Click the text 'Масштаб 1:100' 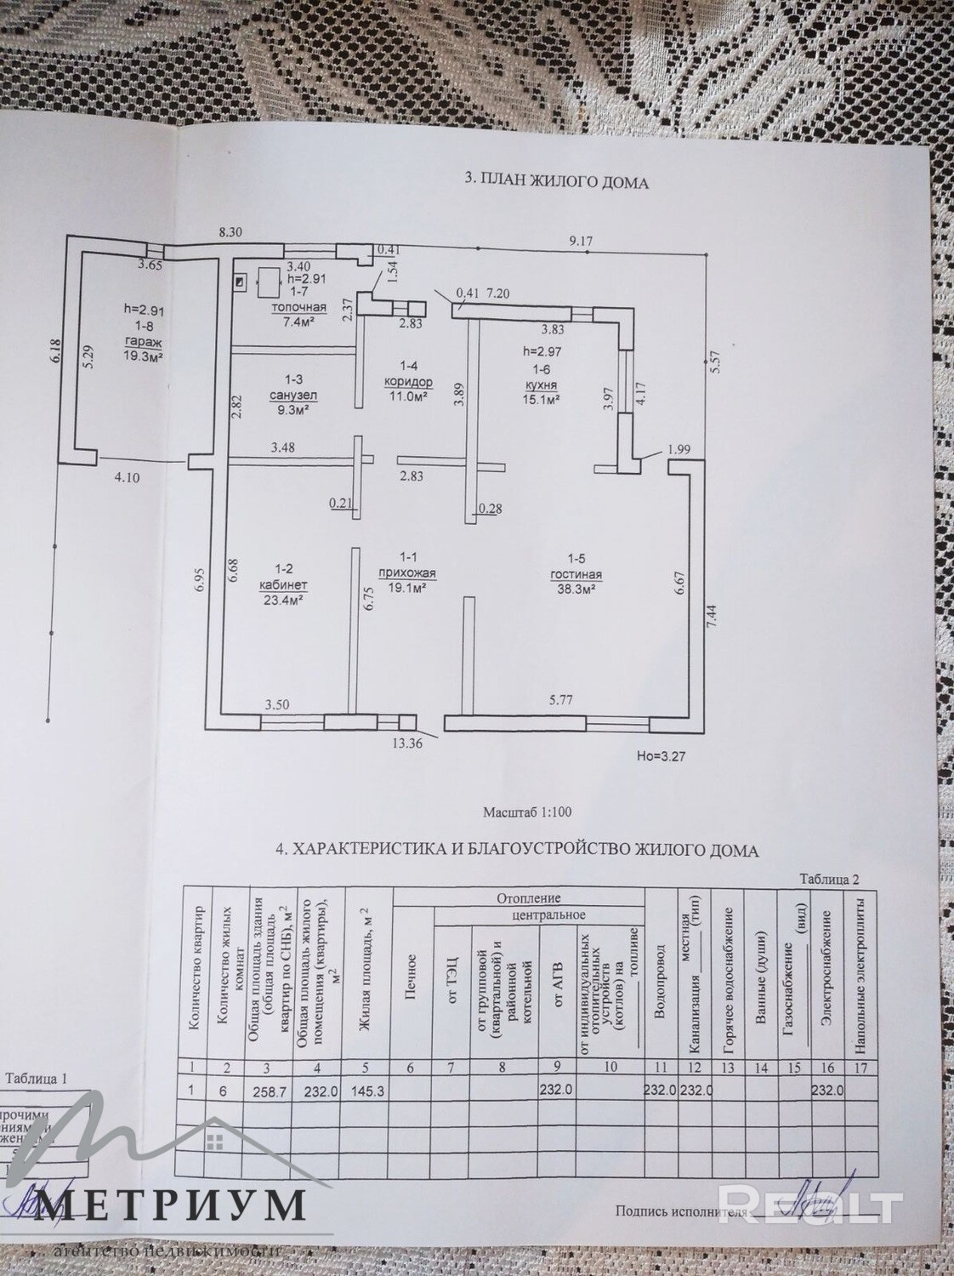(x=527, y=812)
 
